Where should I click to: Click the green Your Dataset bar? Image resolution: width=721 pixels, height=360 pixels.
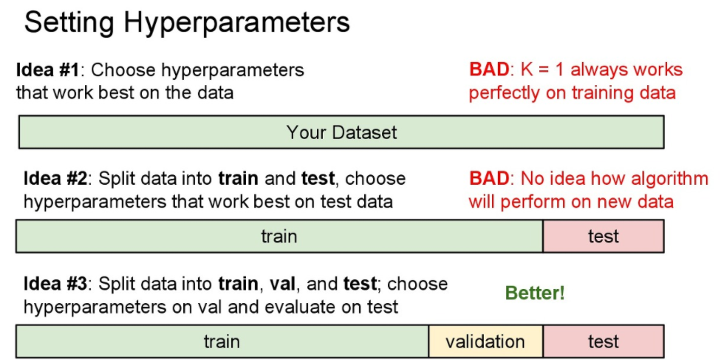tap(341, 133)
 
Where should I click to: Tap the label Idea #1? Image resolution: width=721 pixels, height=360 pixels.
tap(49, 70)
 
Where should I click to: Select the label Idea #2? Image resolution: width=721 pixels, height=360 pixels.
tap(56, 178)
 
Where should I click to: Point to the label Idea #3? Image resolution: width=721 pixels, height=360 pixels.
tap(56, 284)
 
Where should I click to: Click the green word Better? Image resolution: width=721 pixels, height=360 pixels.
tap(535, 293)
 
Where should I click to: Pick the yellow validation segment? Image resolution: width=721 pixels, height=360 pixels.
tap(485, 342)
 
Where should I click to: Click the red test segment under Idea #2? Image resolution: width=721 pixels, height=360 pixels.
tap(603, 237)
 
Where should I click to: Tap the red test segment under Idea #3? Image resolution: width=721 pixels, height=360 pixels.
tap(603, 342)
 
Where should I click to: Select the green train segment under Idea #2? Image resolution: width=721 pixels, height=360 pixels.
tap(279, 237)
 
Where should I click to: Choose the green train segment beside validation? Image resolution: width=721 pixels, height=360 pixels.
tap(222, 342)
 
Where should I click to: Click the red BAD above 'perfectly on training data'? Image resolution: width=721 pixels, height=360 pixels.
tap(489, 70)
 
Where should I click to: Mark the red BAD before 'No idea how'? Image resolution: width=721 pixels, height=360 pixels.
tap(489, 178)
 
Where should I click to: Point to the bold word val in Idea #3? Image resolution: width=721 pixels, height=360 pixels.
tap(281, 284)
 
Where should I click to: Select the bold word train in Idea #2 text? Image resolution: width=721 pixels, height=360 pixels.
tap(239, 178)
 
